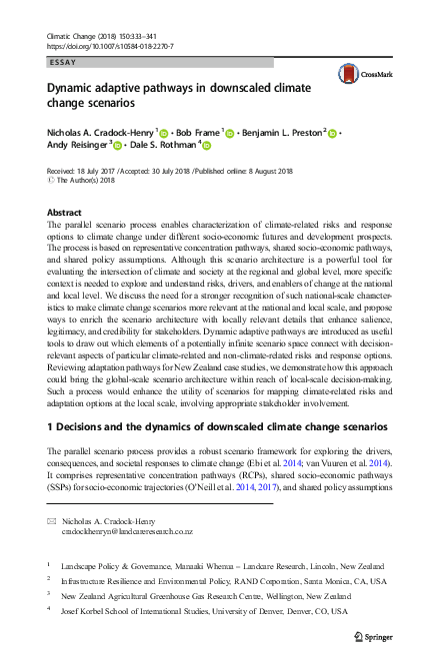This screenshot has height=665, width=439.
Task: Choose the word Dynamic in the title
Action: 76,88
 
